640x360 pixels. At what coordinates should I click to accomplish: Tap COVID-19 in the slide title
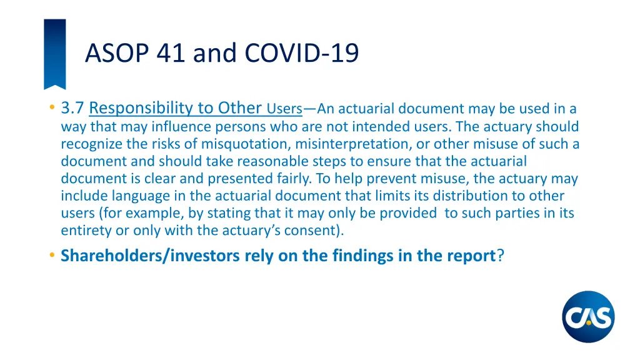302,53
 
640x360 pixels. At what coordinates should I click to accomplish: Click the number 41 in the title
171,53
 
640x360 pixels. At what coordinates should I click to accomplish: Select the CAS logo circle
588,317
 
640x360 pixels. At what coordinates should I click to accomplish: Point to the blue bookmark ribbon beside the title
54,54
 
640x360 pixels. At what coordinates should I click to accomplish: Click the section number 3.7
72,109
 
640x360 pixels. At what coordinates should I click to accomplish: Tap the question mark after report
500,256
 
